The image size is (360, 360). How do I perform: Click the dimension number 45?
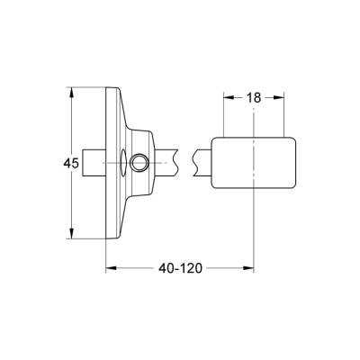57,163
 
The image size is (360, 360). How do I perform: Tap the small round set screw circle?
139,163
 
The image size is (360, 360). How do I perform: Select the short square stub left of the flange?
94,163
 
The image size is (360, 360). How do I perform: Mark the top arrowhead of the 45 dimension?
70,91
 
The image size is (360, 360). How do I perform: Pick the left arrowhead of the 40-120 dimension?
111,267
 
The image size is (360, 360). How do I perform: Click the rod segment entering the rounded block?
204,163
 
